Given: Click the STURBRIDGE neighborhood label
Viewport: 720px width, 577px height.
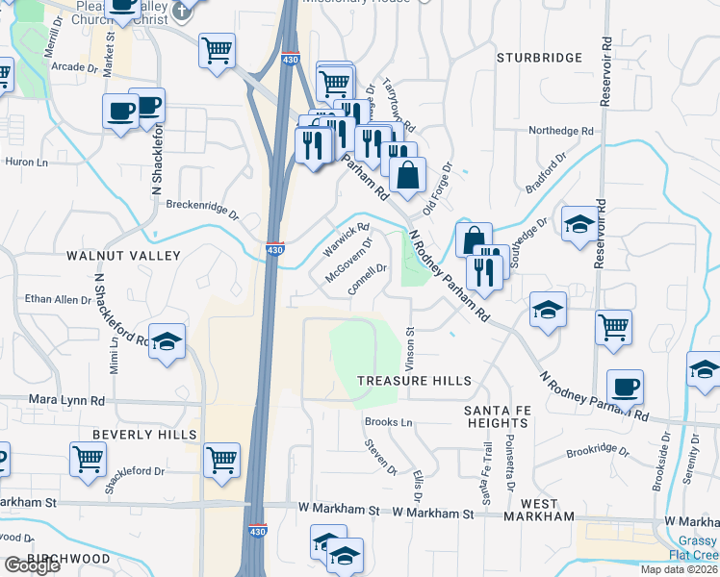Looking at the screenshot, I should pos(539,58).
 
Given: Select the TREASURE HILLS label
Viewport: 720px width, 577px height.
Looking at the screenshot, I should pos(415,381).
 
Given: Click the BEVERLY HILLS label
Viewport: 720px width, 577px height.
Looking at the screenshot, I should pos(144,435).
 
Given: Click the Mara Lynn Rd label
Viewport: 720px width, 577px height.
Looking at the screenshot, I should pos(66,400).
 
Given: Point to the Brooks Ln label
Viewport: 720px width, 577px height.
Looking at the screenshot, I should pos(388,422).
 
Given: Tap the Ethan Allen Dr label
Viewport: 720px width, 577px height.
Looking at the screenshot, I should pos(58,300).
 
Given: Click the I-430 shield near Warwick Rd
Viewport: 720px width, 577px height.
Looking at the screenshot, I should pos(275,249).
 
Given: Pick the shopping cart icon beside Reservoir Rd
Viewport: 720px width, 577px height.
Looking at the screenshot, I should pos(613,328).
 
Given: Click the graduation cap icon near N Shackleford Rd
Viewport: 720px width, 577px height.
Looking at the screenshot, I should pos(167,341).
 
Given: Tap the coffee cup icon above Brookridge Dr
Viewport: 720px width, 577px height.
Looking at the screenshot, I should pos(625,388).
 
